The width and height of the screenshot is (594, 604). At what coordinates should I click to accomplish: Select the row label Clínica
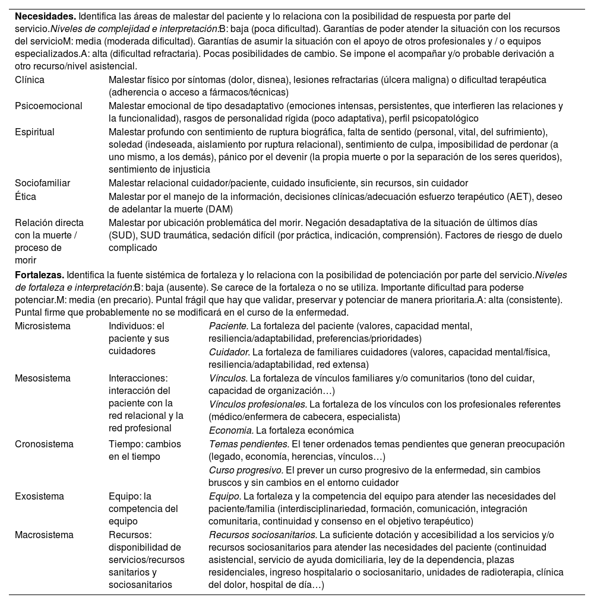point(30,80)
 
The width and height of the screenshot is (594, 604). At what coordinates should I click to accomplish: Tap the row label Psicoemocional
point(49,106)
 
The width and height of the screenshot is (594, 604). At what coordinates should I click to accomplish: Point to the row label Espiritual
point(34,132)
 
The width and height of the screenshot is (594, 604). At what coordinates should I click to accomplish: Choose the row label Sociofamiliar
point(42,183)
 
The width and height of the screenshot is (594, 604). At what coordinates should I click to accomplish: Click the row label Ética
point(26,196)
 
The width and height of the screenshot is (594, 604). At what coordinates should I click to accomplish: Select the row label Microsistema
point(43,326)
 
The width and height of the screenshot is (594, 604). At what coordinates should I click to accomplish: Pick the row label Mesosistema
point(42,378)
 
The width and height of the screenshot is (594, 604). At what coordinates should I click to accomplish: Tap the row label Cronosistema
point(44,444)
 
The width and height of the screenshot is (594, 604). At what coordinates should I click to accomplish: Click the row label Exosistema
point(39,496)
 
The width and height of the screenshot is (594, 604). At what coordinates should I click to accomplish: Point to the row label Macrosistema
point(44,535)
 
